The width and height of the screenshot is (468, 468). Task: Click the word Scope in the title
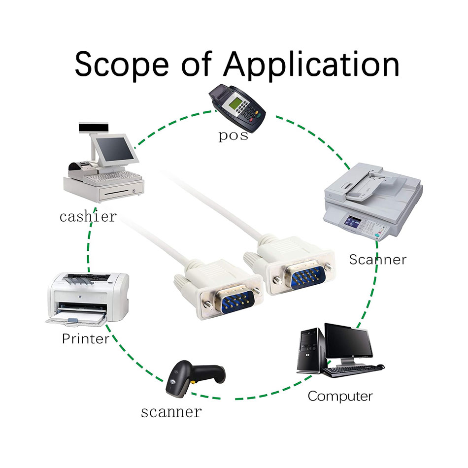[x=122, y=65]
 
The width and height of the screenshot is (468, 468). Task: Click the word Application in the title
[x=312, y=65]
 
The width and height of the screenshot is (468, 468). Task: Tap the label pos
[x=233, y=136]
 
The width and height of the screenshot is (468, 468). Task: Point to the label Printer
[x=86, y=338]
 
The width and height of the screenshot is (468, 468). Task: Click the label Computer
[x=340, y=397]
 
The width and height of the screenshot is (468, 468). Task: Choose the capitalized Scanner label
[x=378, y=259]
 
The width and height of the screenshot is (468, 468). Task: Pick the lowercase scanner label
[x=171, y=412]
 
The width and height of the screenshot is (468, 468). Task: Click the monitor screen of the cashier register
[x=115, y=149]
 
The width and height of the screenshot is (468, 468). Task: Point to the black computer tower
[x=311, y=350]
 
